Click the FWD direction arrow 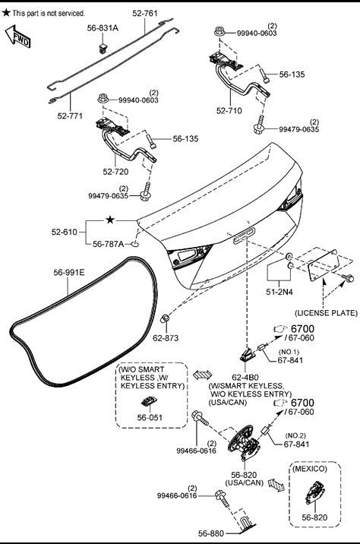pyautogui.click(x=17, y=36)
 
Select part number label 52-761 pyautogui.click(x=145, y=14)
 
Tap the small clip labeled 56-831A pyautogui.click(x=103, y=48)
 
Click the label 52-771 pyautogui.click(x=70, y=115)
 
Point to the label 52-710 pyautogui.click(x=229, y=111)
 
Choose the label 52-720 pyautogui.click(x=115, y=172)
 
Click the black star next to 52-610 pyautogui.click(x=110, y=220)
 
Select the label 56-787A pyautogui.click(x=108, y=244)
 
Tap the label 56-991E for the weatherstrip pyautogui.click(x=69, y=272)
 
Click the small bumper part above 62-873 pyautogui.click(x=165, y=318)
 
